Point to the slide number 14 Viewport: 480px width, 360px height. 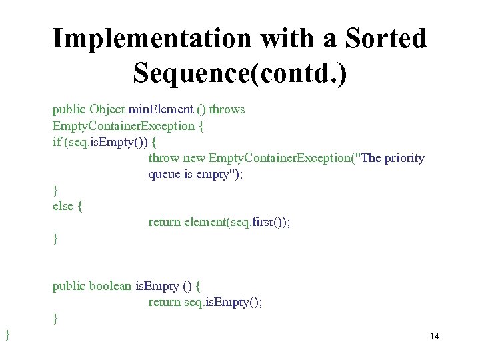(x=435, y=337)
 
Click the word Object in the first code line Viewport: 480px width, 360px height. (x=107, y=109)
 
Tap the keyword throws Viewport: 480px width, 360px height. (x=227, y=109)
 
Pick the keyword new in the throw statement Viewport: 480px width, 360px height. (x=194, y=158)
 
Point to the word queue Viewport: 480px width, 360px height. (x=164, y=174)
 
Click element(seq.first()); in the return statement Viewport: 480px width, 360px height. (x=237, y=222)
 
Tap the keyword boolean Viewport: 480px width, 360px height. (x=111, y=286)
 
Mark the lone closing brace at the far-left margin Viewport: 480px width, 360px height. (x=7, y=333)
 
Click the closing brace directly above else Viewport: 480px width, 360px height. (x=55, y=191)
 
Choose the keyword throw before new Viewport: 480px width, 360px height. (x=163, y=158)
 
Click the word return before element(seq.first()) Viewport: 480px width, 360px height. (x=164, y=222)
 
